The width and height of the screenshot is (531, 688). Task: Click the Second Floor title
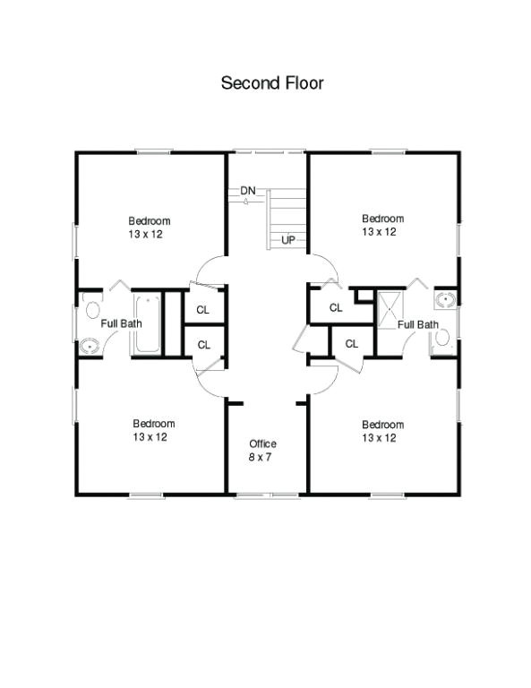pos(272,83)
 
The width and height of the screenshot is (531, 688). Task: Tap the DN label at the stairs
pos(248,191)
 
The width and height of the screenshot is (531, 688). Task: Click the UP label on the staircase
pos(288,239)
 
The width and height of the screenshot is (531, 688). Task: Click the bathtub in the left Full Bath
pos(147,322)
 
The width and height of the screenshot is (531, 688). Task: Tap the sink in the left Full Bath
pos(90,344)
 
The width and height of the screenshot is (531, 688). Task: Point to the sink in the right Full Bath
pos(444,299)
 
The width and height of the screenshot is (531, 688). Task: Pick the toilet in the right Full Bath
pos(441,337)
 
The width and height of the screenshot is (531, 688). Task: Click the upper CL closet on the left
pos(203,310)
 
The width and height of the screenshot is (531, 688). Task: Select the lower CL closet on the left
pos(203,344)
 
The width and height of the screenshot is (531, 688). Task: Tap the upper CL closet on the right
pos(336,307)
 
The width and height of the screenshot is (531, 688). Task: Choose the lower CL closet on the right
pos(352,343)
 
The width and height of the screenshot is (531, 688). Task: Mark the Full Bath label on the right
pos(417,324)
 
